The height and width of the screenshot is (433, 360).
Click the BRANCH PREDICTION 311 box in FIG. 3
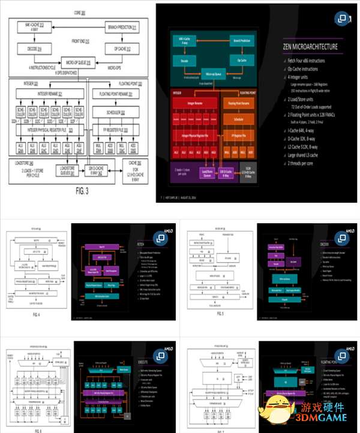[x=121, y=27]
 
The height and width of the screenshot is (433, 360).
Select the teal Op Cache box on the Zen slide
[x=240, y=61]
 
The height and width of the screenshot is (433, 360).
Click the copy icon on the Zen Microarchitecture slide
[x=343, y=19]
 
